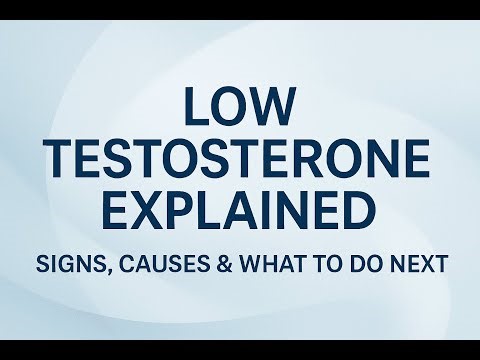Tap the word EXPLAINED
pos(240,212)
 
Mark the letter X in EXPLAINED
pos(158,212)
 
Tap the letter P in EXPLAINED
pos(191,212)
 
